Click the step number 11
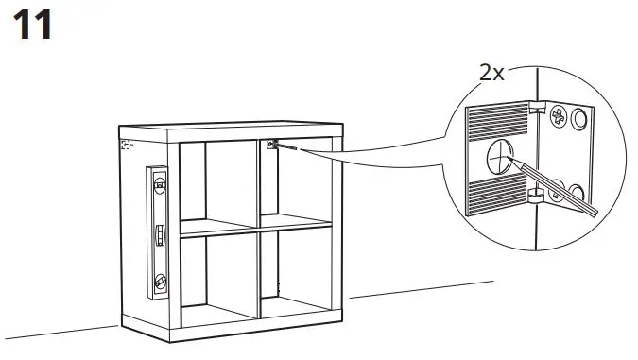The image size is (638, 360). click(31, 25)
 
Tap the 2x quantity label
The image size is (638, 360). click(491, 73)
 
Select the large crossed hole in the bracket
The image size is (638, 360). click(500, 155)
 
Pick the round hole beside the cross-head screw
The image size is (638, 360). click(580, 119)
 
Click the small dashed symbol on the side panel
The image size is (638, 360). click(126, 146)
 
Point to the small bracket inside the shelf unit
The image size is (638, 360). click(271, 145)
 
